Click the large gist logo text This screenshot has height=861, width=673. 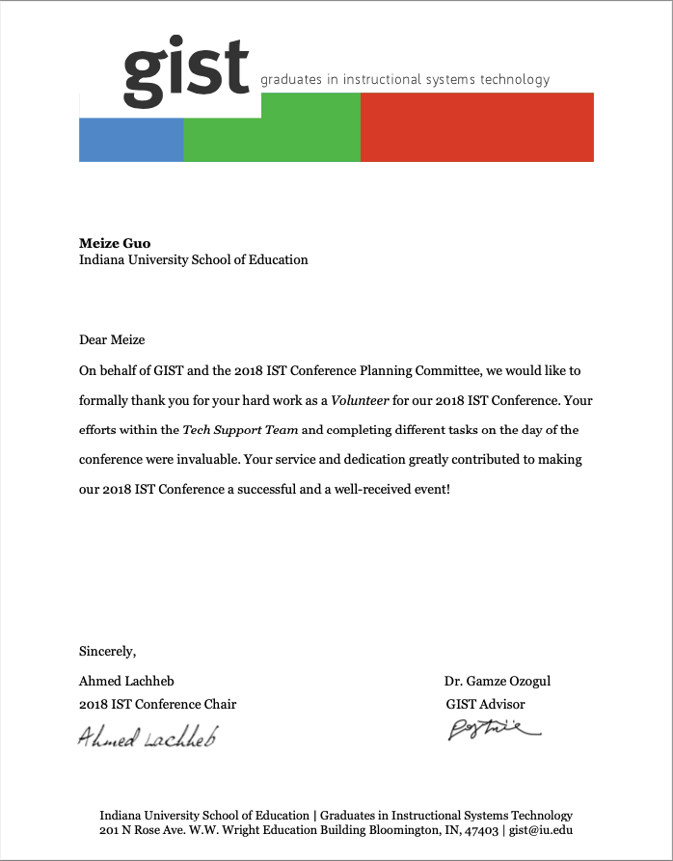(186, 67)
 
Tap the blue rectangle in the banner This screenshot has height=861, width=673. (131, 140)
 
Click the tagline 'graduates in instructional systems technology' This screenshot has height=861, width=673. (405, 80)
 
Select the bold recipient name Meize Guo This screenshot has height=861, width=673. (115, 243)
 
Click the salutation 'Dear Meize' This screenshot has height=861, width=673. (112, 339)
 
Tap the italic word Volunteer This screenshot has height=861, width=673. (361, 400)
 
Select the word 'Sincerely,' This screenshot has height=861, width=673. (108, 651)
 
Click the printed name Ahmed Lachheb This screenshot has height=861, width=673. (126, 681)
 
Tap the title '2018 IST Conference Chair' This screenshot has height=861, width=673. (157, 704)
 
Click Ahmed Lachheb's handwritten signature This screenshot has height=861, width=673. (148, 737)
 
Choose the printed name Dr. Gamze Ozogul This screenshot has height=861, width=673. (498, 681)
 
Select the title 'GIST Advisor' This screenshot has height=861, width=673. (485, 704)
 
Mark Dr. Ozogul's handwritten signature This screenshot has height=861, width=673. (493, 731)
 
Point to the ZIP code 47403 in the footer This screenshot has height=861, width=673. (480, 830)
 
